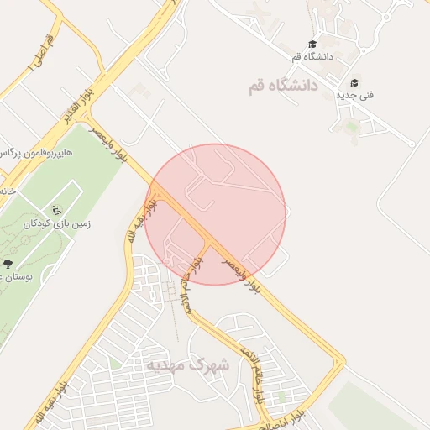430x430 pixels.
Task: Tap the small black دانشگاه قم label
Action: tap(312, 56)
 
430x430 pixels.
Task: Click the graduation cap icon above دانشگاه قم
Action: tap(312, 44)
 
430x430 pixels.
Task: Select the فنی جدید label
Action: tap(354, 95)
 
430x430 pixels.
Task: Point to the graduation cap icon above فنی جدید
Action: tap(354, 83)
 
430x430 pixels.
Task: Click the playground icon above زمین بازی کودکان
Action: tap(56, 210)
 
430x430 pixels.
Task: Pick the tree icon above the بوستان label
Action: tap(8, 264)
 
